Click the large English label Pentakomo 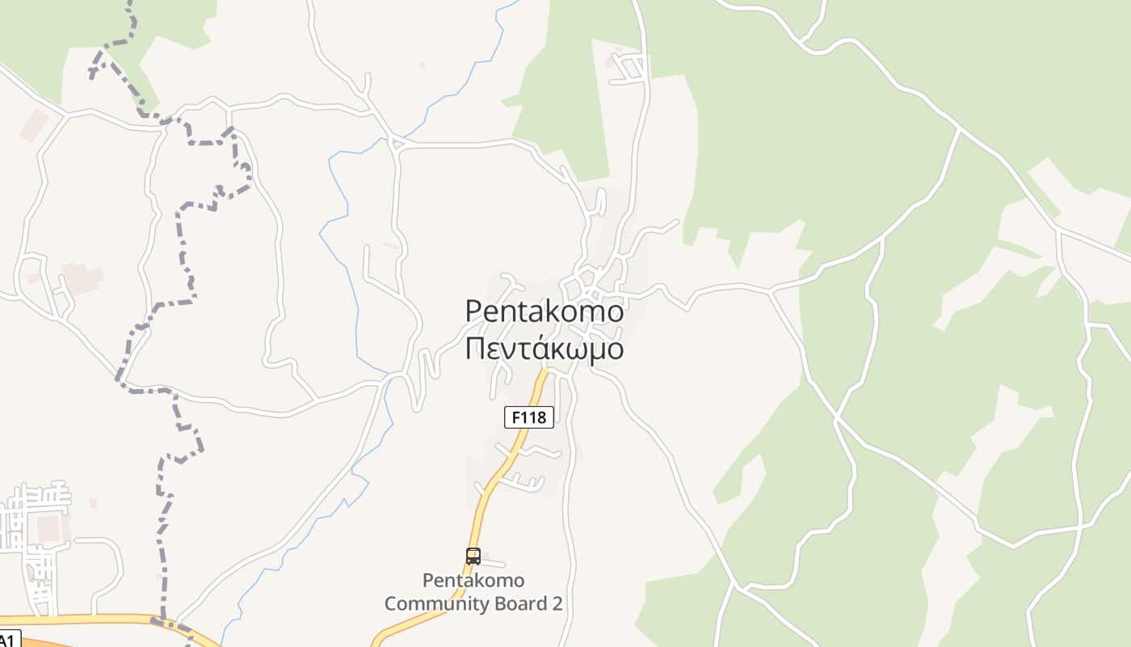coord(544,311)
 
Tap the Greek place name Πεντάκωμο coord(544,349)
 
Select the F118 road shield coord(529,417)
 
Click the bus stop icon coord(473,556)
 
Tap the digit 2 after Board coord(557,603)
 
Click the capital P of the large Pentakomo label coord(475,311)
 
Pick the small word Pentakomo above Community coord(473,580)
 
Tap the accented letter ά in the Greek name coord(540,348)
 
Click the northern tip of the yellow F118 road coord(545,372)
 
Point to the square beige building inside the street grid coord(48,528)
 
